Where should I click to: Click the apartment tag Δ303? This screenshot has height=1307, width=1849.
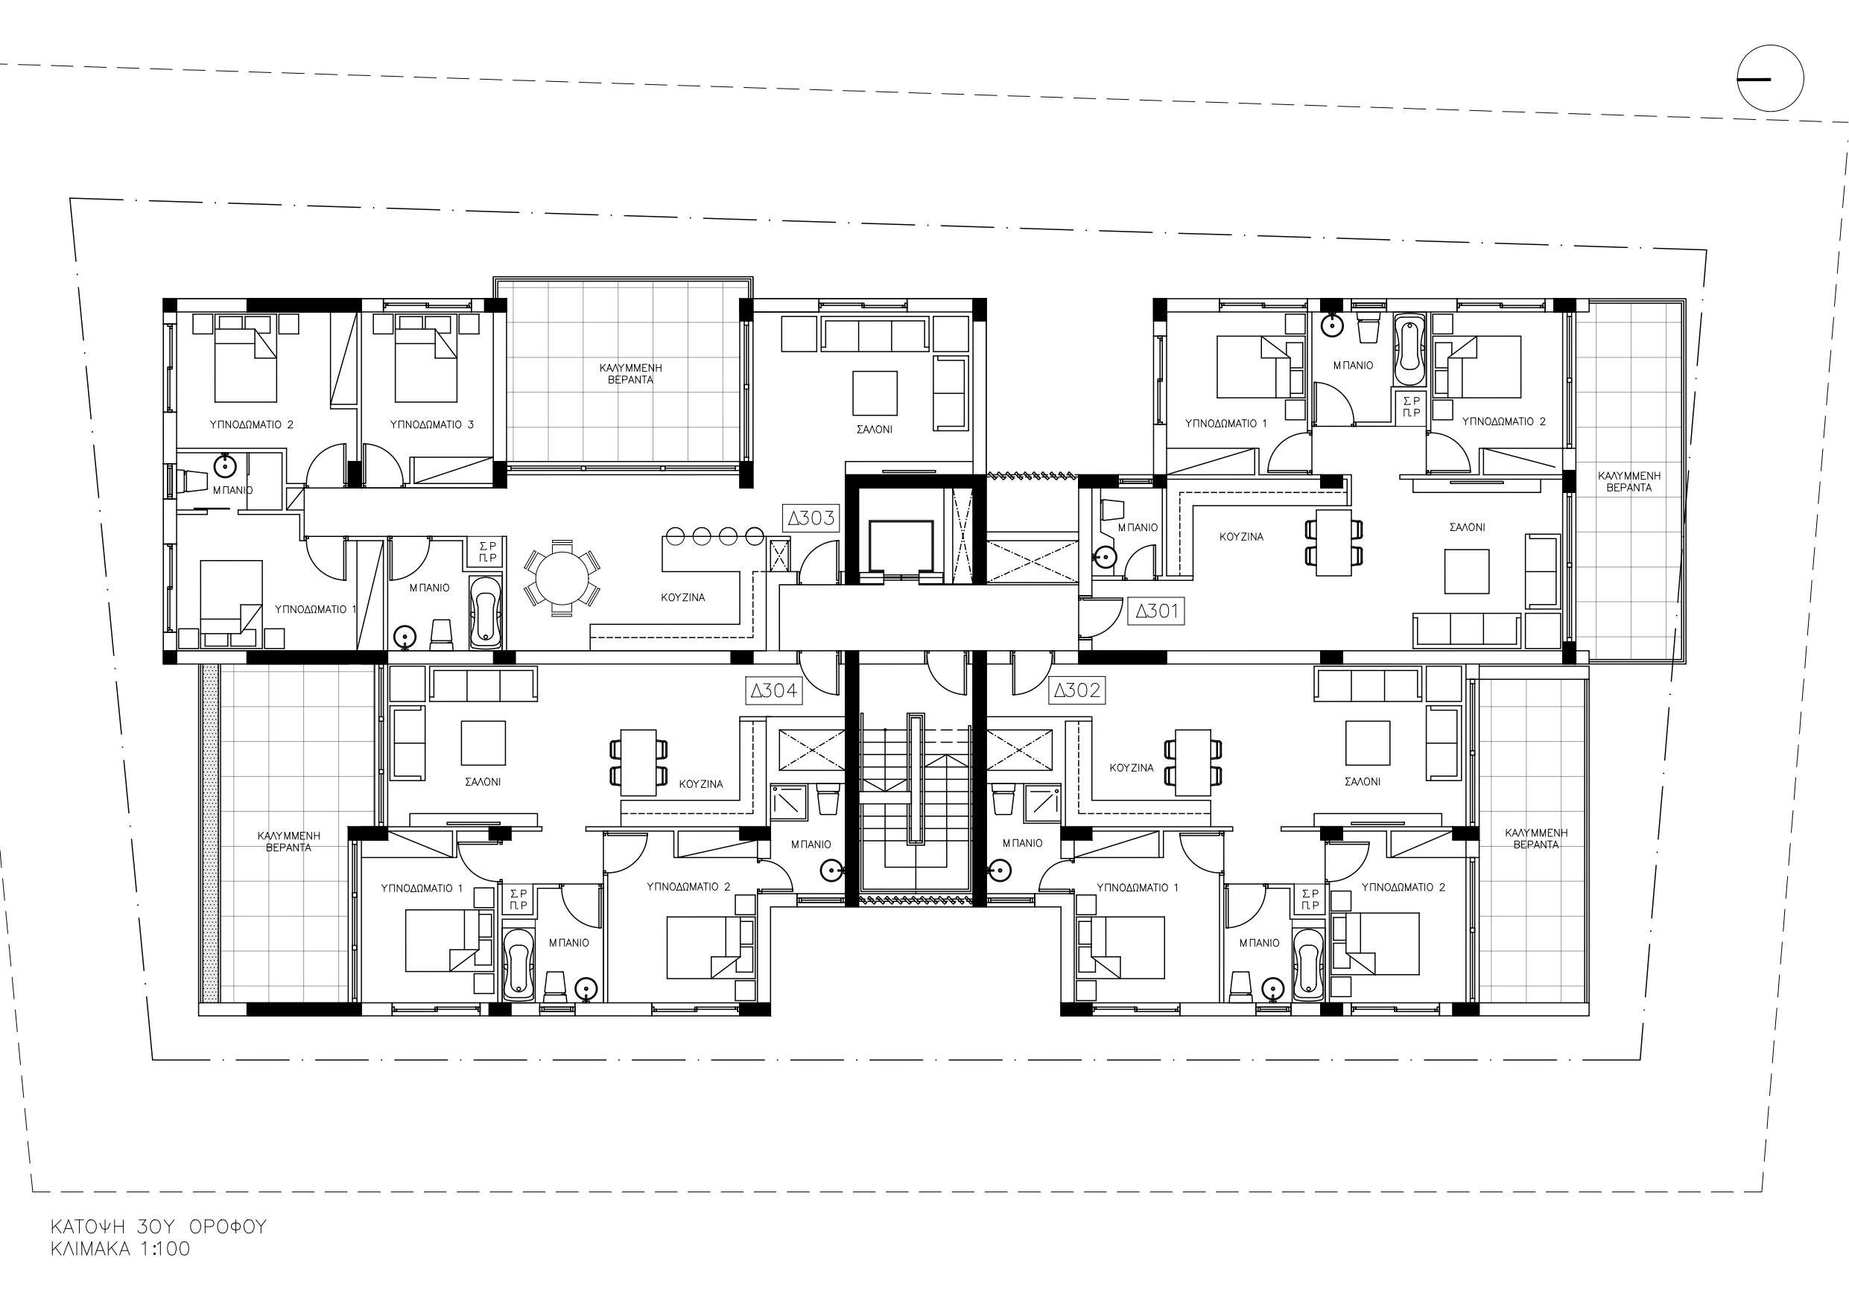coord(811,518)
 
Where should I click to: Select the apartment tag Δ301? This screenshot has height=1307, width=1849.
coord(1157,611)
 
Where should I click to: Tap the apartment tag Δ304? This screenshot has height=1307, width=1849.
coord(774,690)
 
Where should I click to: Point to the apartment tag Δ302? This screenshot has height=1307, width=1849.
coord(1076,690)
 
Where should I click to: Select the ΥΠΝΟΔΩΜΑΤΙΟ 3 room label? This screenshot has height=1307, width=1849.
coord(431,424)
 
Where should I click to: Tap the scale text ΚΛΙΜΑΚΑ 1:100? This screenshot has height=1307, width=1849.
coord(121,1249)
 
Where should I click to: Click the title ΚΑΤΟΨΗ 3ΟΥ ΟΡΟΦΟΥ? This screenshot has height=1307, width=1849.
coord(159,1227)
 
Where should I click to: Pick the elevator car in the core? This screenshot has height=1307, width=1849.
coord(901,547)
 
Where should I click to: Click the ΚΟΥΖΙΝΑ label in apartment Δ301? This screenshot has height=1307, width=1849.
coord(1241,536)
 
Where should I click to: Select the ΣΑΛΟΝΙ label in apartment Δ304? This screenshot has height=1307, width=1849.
coord(483,781)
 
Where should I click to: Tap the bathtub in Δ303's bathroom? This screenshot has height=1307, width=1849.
coord(485,613)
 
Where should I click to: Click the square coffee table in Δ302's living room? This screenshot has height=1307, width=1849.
coord(1368,742)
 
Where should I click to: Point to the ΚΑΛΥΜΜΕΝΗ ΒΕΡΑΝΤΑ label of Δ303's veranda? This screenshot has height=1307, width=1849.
coord(630,374)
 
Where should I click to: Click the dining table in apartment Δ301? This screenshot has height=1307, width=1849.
coord(1333,543)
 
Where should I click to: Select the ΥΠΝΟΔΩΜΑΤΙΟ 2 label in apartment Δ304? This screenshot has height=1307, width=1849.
coord(688,887)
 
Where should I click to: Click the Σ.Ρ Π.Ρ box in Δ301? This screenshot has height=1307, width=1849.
coord(1412,407)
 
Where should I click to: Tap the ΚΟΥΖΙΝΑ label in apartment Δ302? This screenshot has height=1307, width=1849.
coord(1132,768)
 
